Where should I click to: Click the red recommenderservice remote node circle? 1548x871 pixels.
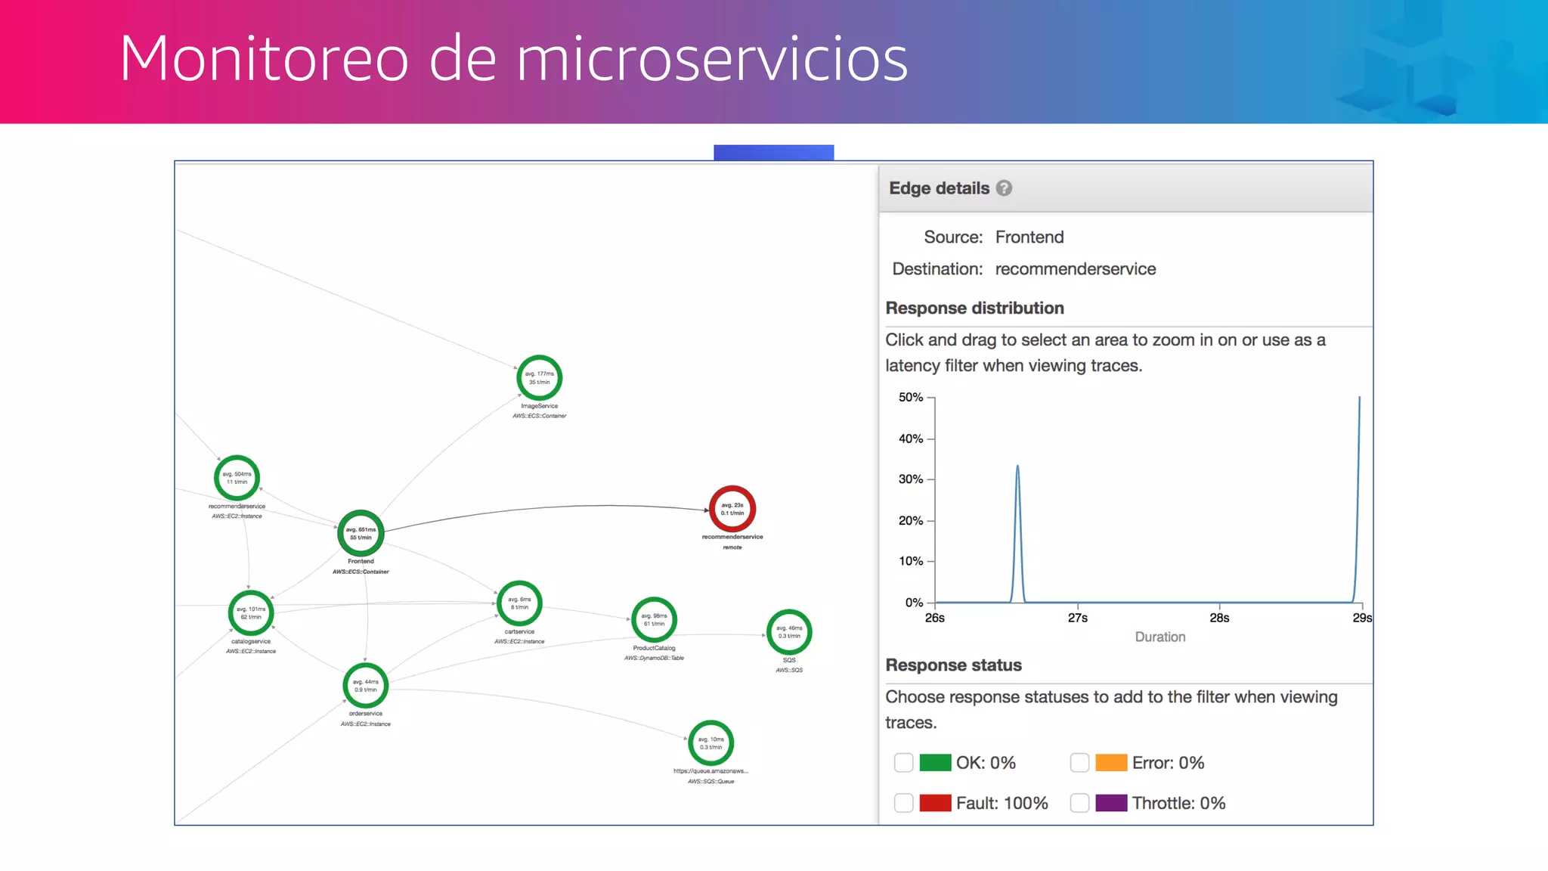pos(732,509)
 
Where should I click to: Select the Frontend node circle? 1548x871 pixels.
pos(361,533)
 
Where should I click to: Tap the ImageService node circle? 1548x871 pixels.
pos(539,377)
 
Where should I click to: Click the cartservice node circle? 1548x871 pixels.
pos(519,603)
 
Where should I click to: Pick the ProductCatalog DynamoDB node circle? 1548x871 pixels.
pos(654,619)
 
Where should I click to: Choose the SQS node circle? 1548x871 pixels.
pos(789,631)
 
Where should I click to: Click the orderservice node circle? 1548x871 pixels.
pos(365,685)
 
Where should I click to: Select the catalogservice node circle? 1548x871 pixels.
pos(250,612)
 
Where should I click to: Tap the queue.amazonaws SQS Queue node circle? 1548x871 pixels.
pos(711,742)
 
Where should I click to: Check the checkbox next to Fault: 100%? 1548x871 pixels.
pos(903,803)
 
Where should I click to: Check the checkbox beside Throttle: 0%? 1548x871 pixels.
pos(1079,803)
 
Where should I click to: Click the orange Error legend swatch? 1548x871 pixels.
pos(1111,763)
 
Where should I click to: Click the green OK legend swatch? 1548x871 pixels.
pos(935,763)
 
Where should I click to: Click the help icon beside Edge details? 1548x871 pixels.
pos(1004,188)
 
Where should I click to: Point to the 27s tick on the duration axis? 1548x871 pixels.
pos(1077,617)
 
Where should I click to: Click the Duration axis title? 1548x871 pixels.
pos(1159,637)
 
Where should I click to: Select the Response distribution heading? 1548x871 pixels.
pos(974,308)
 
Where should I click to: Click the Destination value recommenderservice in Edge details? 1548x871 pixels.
pos(1075,269)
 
